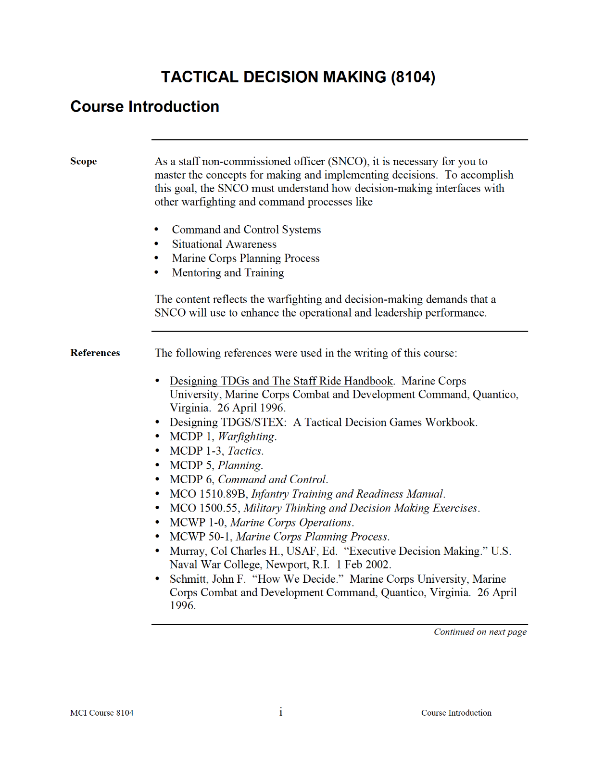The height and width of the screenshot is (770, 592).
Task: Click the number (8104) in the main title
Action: (x=413, y=77)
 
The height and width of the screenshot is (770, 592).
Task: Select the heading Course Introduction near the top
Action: (x=145, y=106)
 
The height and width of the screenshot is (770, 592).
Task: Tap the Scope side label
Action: (x=83, y=161)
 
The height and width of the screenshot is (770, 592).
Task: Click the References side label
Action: (x=95, y=353)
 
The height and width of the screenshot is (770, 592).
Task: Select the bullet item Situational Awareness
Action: (x=224, y=244)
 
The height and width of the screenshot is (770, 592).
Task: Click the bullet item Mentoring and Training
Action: (x=228, y=272)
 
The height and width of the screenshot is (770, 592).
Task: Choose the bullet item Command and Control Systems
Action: (x=246, y=230)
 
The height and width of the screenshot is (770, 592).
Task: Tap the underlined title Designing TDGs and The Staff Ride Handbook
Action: (x=281, y=381)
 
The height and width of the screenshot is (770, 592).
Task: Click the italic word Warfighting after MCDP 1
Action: (x=246, y=436)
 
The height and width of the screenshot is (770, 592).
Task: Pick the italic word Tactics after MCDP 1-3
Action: (x=244, y=451)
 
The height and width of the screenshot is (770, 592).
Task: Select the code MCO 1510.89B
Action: (x=208, y=494)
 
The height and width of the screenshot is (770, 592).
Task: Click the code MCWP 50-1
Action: (x=201, y=537)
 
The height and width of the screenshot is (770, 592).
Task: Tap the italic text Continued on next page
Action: (x=480, y=632)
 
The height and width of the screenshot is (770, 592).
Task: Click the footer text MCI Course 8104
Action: (x=101, y=713)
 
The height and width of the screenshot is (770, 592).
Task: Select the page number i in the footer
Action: (x=281, y=712)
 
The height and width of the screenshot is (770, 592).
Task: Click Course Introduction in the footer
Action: (x=456, y=713)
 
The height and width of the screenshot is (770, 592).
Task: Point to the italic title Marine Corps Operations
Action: (x=291, y=523)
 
